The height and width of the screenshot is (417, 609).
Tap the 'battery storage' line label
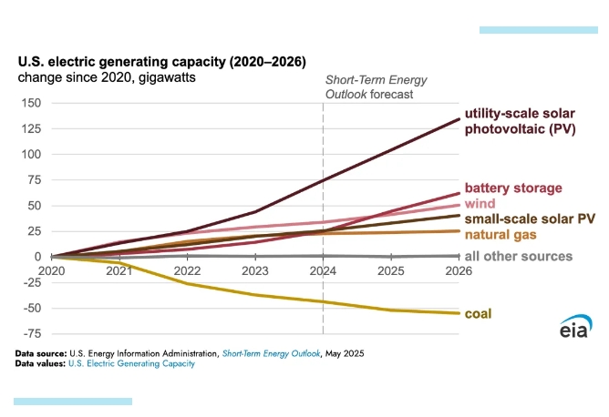[x=513, y=188]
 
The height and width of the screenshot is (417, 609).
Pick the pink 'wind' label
[x=480, y=203]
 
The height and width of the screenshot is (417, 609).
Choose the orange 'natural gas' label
[x=503, y=235]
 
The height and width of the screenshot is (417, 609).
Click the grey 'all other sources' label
[x=518, y=256]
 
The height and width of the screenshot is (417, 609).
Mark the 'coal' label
[x=479, y=314]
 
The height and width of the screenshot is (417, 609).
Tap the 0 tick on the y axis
[x=36, y=257]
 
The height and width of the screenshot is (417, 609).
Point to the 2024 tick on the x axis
[x=324, y=270]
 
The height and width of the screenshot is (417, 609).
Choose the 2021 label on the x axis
[x=116, y=270]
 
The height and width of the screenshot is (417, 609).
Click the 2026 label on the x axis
[x=459, y=270]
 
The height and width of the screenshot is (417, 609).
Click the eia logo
[x=576, y=325]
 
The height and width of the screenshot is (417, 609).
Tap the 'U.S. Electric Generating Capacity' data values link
[x=131, y=363]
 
